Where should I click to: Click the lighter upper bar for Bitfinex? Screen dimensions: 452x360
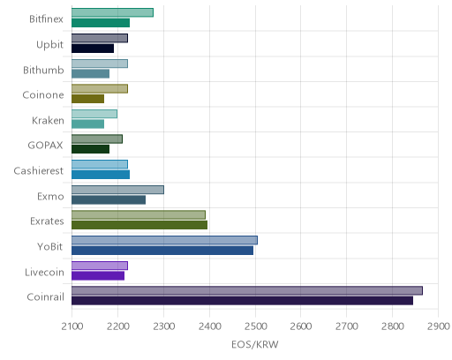point(112,12)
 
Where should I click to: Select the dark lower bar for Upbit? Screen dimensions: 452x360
point(93,49)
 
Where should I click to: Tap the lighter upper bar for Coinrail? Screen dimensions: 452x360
point(247,290)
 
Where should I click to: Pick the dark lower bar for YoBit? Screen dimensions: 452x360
point(162,251)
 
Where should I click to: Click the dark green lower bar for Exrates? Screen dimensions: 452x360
point(139,225)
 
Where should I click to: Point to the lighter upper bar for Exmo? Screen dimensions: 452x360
point(117,190)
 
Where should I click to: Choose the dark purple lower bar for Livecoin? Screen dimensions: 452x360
point(98,276)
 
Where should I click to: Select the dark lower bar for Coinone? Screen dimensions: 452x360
point(87,99)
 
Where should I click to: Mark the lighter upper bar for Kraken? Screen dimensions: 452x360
point(94,114)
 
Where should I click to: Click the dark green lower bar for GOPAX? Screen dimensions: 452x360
point(90,149)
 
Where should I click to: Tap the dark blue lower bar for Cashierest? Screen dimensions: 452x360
point(101,175)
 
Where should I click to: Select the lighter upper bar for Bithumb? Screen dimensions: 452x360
point(100,64)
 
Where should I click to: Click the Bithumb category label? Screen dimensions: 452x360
point(43,70)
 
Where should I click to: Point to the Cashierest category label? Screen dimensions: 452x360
point(39,170)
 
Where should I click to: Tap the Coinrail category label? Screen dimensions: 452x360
point(45,296)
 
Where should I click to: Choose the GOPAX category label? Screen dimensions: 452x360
point(45,146)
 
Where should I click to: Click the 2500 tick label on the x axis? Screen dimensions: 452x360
point(255,326)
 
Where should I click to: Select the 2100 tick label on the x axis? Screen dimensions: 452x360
point(72,326)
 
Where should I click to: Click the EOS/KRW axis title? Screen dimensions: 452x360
point(255,344)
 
